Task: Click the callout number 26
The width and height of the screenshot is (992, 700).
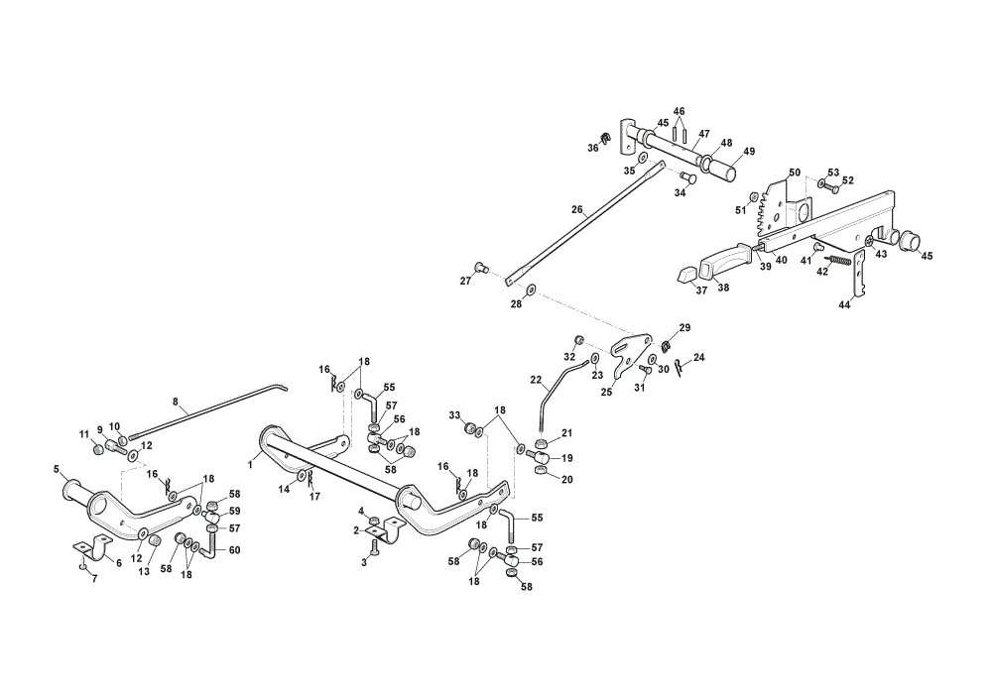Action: (576, 209)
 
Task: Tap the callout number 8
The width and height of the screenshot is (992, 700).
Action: (176, 401)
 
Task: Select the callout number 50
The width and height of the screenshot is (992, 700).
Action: (795, 173)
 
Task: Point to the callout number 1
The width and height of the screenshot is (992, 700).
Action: (251, 465)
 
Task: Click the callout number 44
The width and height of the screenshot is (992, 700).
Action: (844, 304)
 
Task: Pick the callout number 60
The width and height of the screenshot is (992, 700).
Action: (234, 550)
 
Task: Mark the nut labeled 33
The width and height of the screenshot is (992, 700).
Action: (469, 428)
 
